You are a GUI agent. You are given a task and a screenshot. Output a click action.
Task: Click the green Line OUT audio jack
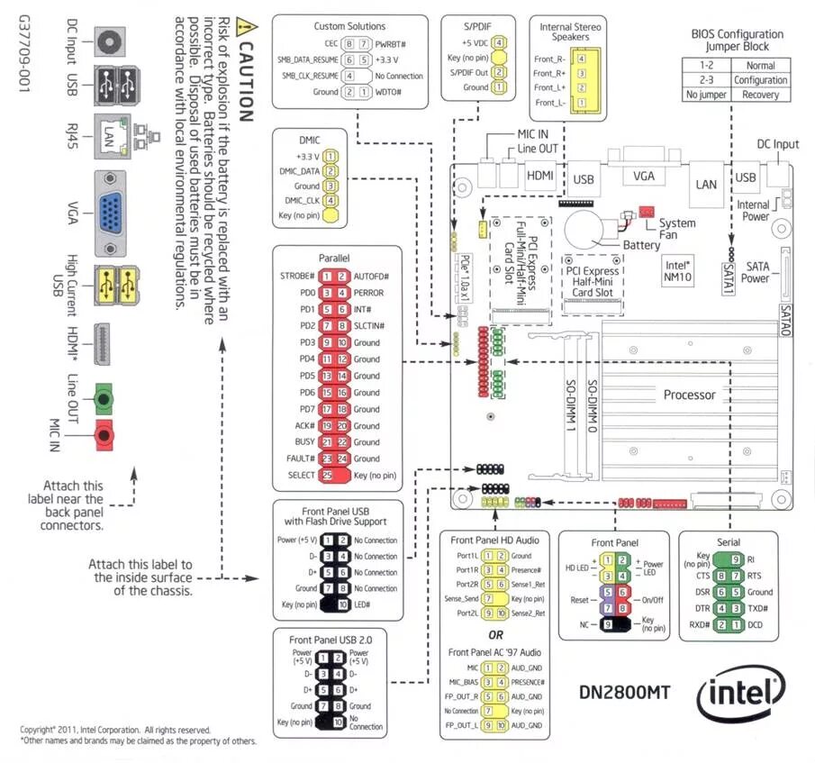[x=105, y=396]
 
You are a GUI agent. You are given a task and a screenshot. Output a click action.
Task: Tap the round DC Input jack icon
[x=110, y=41]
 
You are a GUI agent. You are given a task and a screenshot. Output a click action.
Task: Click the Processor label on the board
[x=690, y=395]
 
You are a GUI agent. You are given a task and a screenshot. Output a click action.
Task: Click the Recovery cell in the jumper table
[x=761, y=95]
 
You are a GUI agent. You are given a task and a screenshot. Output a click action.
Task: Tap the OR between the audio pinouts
[x=494, y=634]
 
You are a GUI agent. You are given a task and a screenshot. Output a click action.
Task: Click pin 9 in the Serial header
[x=736, y=559]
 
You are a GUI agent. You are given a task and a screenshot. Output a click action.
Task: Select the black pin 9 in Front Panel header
[x=608, y=623]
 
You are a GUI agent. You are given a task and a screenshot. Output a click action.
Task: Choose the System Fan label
[x=677, y=229]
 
